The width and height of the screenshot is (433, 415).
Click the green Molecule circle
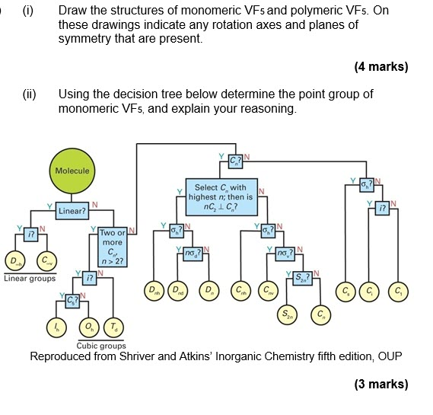[73, 171]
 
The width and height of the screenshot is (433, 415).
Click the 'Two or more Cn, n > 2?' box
[111, 247]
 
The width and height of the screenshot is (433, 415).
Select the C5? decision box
[71, 299]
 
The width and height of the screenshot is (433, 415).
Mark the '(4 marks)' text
[380, 67]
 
